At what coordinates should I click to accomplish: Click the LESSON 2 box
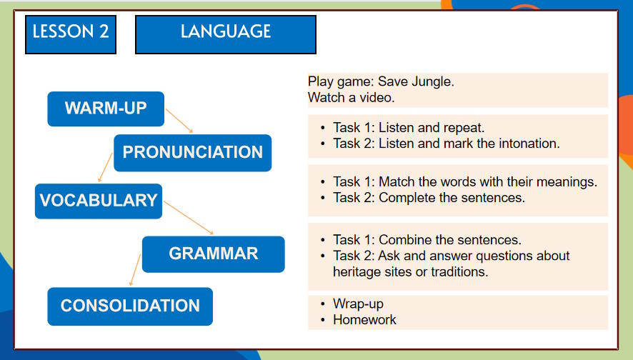[x=71, y=32]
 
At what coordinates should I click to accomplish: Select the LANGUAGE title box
[x=225, y=32]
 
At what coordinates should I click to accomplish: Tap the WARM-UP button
[x=106, y=109]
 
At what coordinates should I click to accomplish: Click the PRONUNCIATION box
[x=192, y=152]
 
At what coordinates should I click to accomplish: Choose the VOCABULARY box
[x=99, y=201]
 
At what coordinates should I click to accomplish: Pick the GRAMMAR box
[x=213, y=254]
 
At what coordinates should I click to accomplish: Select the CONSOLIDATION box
[x=130, y=306]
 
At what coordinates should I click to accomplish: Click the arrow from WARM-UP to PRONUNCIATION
[x=179, y=121]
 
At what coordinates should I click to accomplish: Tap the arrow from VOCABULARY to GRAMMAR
[x=189, y=219]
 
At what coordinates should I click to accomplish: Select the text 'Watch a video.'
[x=351, y=97]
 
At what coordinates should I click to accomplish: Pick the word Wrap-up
[x=358, y=304]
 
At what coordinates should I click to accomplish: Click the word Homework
[x=364, y=319]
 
